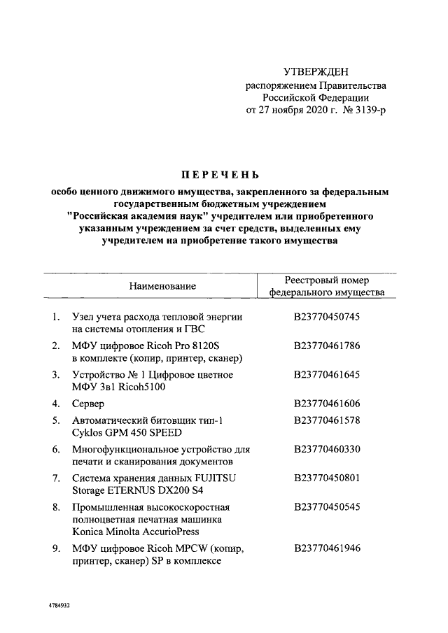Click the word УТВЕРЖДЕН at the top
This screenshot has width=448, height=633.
coord(314,72)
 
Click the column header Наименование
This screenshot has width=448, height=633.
coord(162,285)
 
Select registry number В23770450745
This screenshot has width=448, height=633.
coord(327,317)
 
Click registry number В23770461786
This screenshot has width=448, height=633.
coord(327,346)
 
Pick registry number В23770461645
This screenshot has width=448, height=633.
coord(327,375)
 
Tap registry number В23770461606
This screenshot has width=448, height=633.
coord(327,404)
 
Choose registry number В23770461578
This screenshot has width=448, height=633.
coord(327,420)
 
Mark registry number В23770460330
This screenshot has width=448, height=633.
coord(327,449)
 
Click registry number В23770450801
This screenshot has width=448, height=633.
coord(327,478)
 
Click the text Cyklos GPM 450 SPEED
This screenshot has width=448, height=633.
coord(127,432)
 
